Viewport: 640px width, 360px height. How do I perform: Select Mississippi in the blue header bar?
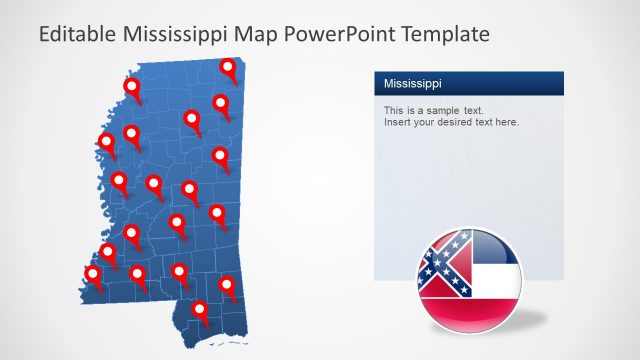412,83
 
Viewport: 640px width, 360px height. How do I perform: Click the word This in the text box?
394,110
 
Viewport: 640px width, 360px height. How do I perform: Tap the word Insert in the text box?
397,122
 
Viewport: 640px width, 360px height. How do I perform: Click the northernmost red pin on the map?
229,68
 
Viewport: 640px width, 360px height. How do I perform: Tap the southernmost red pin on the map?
201,311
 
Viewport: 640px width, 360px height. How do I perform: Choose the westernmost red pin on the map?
93,274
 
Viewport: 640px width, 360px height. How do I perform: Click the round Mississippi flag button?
469,280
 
